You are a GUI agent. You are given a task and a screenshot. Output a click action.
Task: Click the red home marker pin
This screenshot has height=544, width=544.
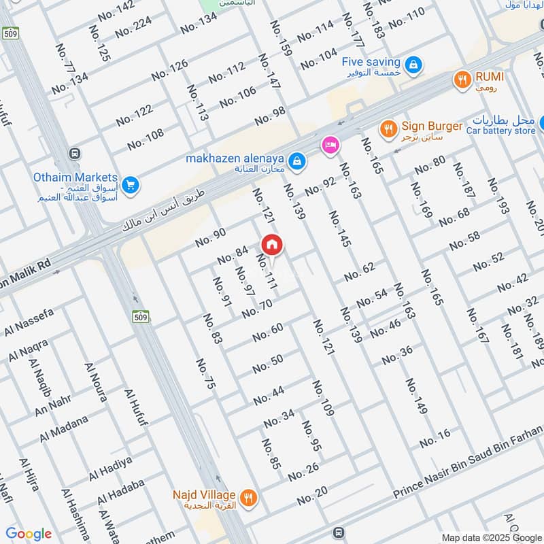(272, 244)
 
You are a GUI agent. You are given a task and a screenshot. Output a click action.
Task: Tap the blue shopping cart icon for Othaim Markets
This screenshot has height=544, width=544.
(131, 184)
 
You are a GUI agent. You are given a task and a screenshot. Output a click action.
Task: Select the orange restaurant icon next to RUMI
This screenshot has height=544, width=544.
(462, 80)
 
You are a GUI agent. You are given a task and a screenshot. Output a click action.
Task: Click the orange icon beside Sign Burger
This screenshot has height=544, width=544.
(388, 128)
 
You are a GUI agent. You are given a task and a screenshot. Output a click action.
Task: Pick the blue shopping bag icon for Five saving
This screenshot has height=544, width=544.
(413, 66)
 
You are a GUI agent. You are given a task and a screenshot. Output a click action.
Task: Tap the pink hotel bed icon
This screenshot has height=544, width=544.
(330, 146)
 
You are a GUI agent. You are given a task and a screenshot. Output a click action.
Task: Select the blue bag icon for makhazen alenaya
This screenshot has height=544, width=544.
(296, 161)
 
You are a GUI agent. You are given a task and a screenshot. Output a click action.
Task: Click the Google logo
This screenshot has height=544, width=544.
(29, 534)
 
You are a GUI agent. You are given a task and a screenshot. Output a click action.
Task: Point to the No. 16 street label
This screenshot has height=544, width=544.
(435, 439)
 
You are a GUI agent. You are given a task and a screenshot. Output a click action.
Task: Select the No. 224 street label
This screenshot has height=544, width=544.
(133, 27)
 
